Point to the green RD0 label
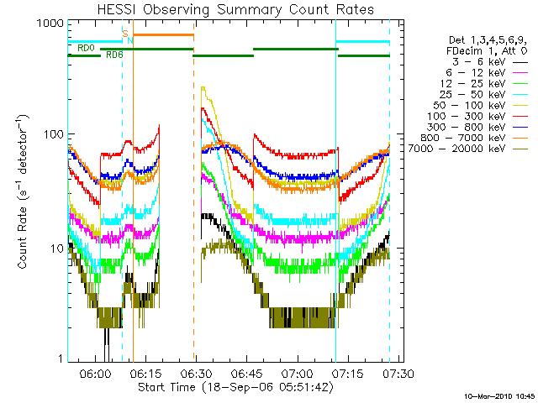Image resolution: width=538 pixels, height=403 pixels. pyautogui.click(x=85, y=49)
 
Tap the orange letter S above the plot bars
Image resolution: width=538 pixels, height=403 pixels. pyautogui.click(x=124, y=33)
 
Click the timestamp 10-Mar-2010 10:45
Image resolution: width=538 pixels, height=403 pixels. pyautogui.click(x=499, y=395)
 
